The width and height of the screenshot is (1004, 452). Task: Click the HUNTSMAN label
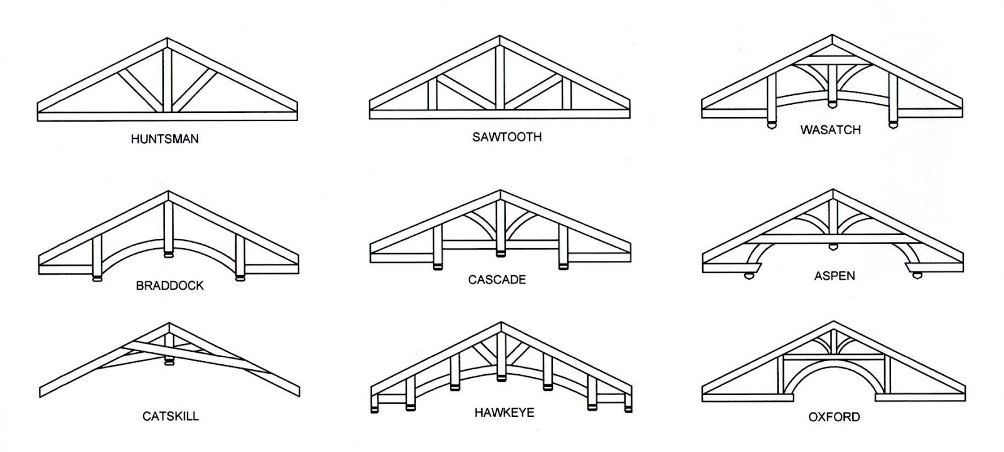164,139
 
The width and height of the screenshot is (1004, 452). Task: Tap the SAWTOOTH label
506,137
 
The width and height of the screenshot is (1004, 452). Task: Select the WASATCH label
830,130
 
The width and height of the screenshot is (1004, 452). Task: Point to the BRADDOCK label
170,285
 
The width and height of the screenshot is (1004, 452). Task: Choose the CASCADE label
496,279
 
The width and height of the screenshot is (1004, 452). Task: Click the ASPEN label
835,275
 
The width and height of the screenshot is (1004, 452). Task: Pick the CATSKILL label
170,416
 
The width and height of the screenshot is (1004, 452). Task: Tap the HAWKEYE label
504,413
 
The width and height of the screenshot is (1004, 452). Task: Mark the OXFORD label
834,416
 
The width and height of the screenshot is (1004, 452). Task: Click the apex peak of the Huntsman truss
168,40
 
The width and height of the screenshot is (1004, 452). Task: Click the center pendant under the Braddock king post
168,254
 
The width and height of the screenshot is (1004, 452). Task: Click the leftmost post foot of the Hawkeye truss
375,409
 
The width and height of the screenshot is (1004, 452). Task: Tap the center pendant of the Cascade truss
499,254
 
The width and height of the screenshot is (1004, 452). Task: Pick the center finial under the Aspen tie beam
833,247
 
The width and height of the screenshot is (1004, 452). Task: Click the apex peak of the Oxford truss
833,325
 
